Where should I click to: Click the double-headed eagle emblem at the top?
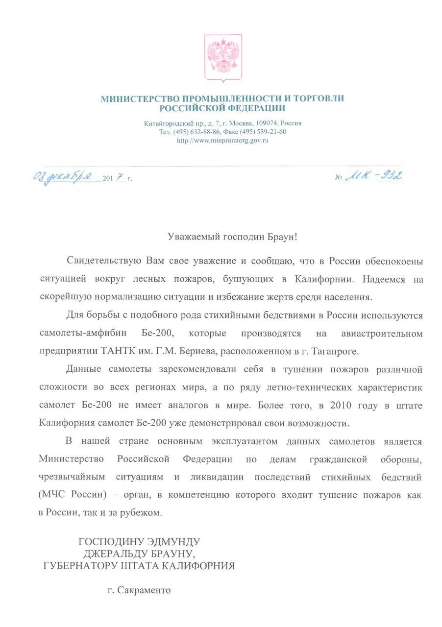tap(223, 57)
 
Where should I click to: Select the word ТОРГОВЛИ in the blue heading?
tap(319, 98)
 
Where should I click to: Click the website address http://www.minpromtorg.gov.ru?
tap(222, 141)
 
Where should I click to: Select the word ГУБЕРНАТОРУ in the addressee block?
tap(81, 567)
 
